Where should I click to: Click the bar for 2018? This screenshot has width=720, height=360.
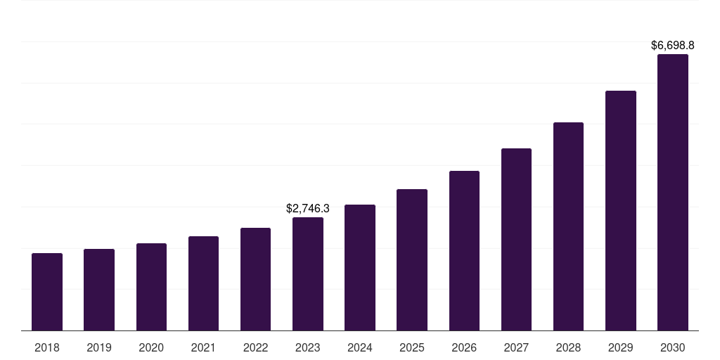47,292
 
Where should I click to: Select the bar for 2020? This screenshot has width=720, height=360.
151,287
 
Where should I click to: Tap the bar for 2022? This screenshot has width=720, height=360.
255,279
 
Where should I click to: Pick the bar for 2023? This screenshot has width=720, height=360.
308,274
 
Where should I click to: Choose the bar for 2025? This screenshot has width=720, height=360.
412,260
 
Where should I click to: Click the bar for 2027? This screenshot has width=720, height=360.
516,240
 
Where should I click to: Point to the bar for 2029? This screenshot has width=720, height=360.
621,211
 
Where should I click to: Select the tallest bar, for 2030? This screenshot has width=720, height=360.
673,193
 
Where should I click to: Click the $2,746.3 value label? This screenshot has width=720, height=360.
308,209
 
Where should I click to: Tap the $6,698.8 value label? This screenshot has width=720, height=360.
673,46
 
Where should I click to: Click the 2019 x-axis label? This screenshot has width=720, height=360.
99,347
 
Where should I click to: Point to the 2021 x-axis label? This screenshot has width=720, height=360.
203,347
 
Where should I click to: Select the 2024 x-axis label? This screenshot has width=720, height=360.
360,347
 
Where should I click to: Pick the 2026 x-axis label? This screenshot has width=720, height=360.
464,347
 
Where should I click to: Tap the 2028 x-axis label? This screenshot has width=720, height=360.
568,347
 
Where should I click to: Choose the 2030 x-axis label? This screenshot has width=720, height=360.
673,347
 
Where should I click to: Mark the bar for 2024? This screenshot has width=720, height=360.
360,268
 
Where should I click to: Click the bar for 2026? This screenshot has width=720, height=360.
464,251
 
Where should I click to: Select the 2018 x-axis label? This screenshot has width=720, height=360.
47,347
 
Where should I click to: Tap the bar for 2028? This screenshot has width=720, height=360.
568,226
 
